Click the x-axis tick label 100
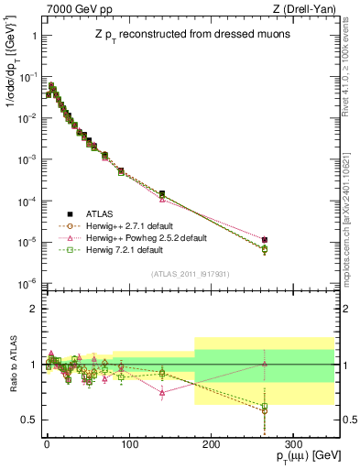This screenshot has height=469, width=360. (x=128, y=442)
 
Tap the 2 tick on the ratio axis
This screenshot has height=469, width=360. (x=32, y=309)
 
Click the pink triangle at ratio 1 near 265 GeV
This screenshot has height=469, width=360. (x=265, y=364)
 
